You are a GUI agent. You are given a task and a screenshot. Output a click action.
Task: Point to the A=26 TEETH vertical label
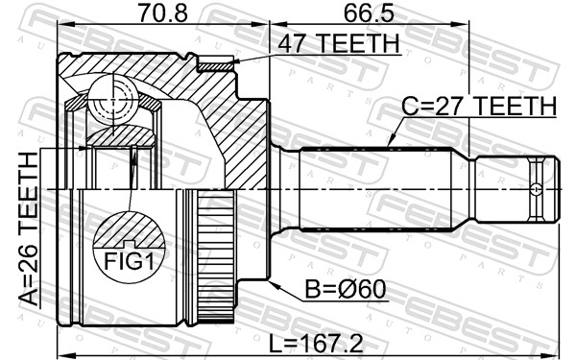tap(28, 229)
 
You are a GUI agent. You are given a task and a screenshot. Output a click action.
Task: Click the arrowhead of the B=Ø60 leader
tap(272, 285)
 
